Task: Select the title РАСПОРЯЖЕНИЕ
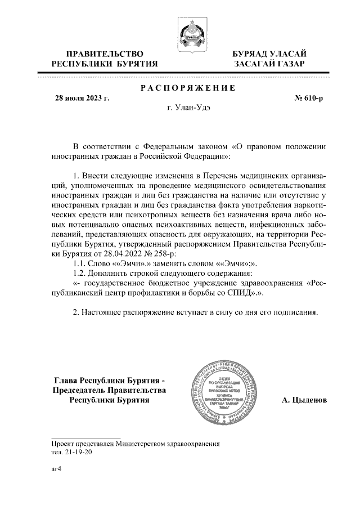point(187,88)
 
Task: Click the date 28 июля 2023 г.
point(82,99)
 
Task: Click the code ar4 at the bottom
point(56,468)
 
